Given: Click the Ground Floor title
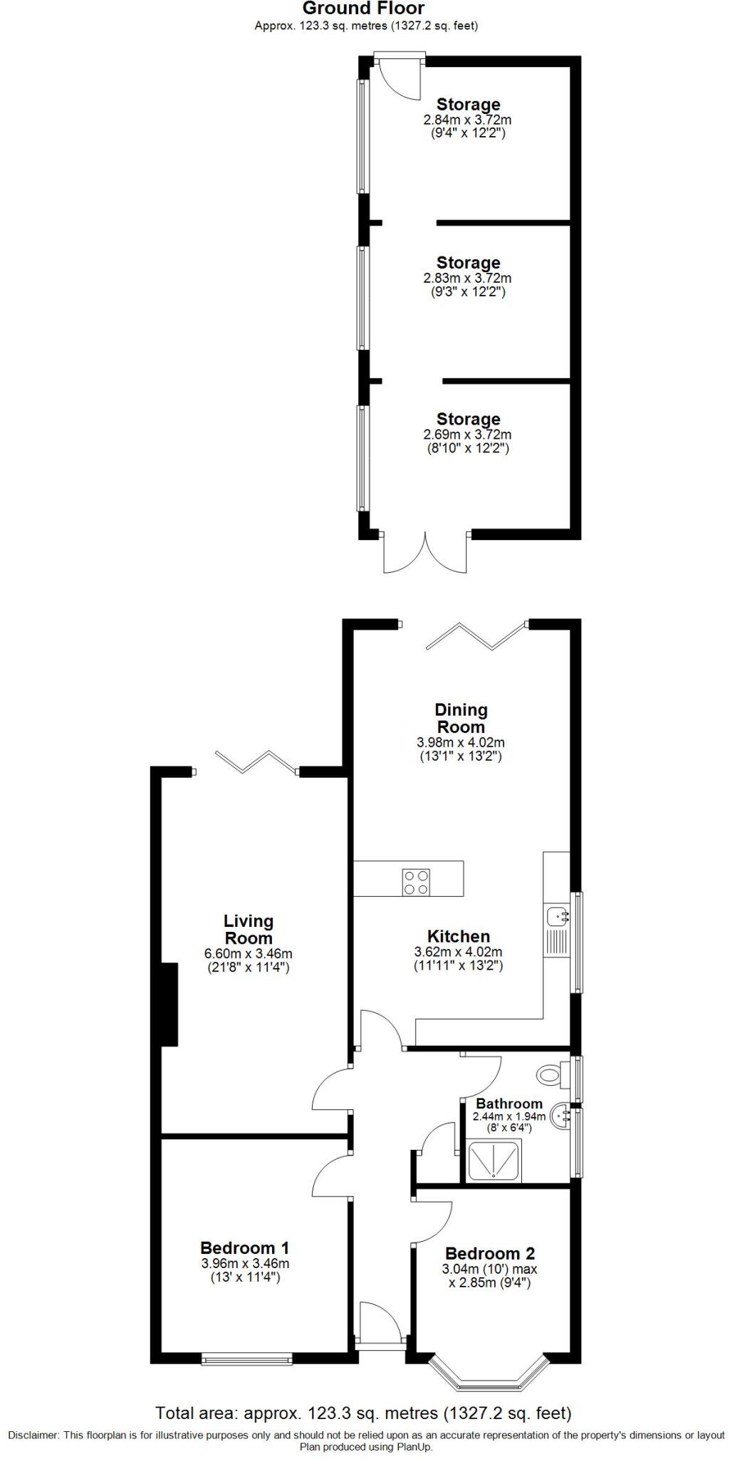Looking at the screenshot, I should pos(363,9).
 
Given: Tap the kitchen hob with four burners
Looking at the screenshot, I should pos(416,882).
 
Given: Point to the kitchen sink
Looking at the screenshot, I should pos(556,914).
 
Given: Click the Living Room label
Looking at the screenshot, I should pos(248,929).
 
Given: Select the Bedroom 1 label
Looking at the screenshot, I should pos(244,1247).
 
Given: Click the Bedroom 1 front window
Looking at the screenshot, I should pos(247,1360).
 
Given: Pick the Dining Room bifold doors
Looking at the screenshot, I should pos(476,635).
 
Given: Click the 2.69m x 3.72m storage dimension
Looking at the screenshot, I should pos(467,435).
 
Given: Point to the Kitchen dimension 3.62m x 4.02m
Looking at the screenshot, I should pos(458,952).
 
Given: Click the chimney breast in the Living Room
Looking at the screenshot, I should pos(169,1004).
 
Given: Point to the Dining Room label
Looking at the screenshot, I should pos(461,718).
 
